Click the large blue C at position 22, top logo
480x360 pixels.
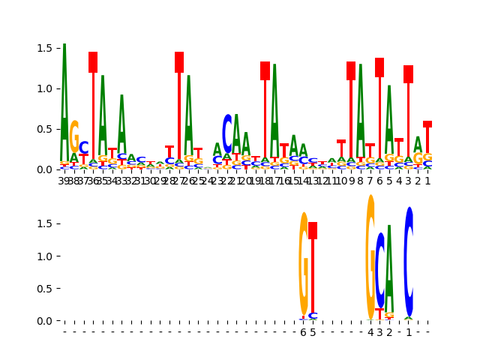coord(227,133)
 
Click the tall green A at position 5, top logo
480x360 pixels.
coord(389,120)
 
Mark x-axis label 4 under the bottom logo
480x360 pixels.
coord(370,332)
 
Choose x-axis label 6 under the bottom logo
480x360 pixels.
coord(304,332)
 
